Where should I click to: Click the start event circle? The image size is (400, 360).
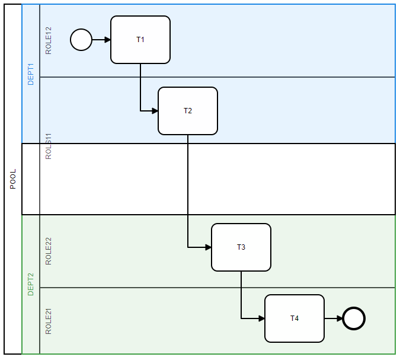pyautogui.click(x=81, y=40)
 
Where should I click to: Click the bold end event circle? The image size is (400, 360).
pyautogui.click(x=354, y=318)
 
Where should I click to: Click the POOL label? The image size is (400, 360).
pyautogui.click(x=13, y=179)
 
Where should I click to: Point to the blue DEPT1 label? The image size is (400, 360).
pyautogui.click(x=31, y=74)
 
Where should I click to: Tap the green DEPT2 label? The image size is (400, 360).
pyautogui.click(x=31, y=284)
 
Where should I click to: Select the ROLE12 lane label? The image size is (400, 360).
pyautogui.click(x=49, y=40)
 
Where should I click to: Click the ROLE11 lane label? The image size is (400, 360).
pyautogui.click(x=49, y=146)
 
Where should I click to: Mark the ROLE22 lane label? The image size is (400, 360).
pyautogui.click(x=49, y=251)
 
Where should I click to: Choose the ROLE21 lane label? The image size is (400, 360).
pyautogui.click(x=49, y=321)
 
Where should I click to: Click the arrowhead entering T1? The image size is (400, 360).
pyautogui.click(x=107, y=40)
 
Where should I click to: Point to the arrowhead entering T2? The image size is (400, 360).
pyautogui.click(x=155, y=111)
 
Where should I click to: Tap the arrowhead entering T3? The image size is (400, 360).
pyautogui.click(x=208, y=247)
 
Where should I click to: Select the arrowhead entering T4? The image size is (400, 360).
pyautogui.click(x=261, y=318)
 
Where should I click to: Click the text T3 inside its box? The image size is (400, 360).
pyautogui.click(x=241, y=247)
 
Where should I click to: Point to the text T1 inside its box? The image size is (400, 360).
pyautogui.click(x=140, y=40)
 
